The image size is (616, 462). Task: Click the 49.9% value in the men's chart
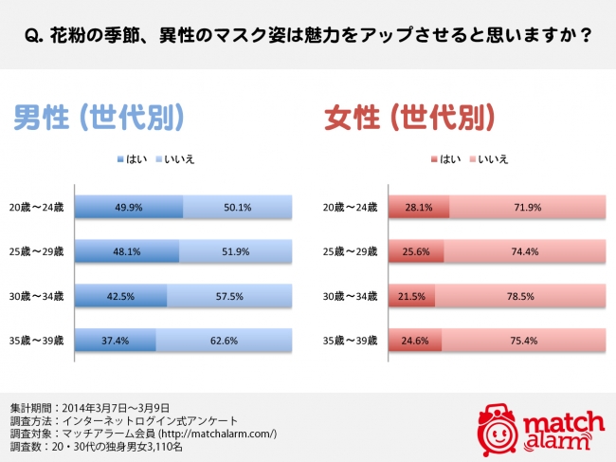point(128,208)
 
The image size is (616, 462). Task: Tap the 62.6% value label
point(234,340)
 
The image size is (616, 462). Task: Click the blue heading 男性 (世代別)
point(97,118)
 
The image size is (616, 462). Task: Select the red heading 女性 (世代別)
point(408,118)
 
